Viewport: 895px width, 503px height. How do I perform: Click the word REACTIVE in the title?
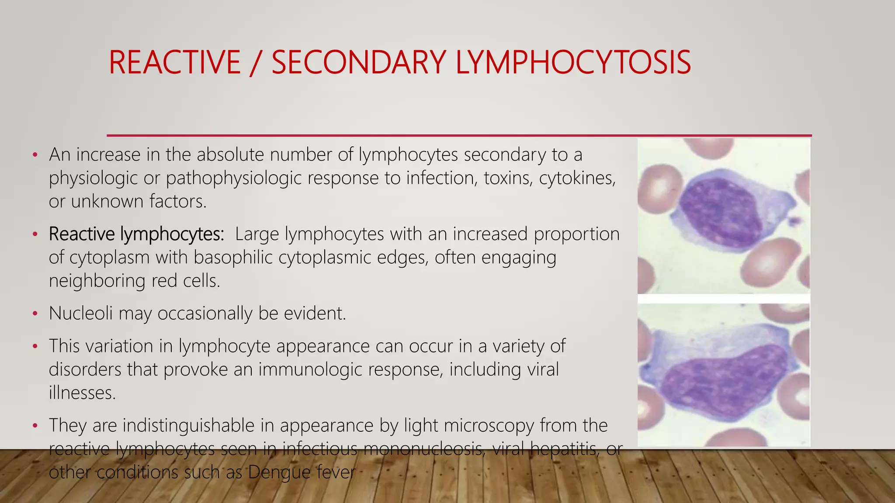[x=174, y=62]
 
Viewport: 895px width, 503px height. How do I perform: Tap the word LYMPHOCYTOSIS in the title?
[x=573, y=62]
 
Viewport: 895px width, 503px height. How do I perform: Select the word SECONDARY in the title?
[x=358, y=62]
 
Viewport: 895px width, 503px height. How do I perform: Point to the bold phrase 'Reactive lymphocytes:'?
[x=136, y=234]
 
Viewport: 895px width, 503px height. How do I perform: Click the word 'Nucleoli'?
[x=80, y=314]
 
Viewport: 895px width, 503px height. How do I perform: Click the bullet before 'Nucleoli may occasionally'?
[x=35, y=314]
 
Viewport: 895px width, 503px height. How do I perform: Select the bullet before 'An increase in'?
[x=35, y=155]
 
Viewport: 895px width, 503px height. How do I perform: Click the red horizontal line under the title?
[x=459, y=135]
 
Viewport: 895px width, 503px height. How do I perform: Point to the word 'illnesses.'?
[x=82, y=393]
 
